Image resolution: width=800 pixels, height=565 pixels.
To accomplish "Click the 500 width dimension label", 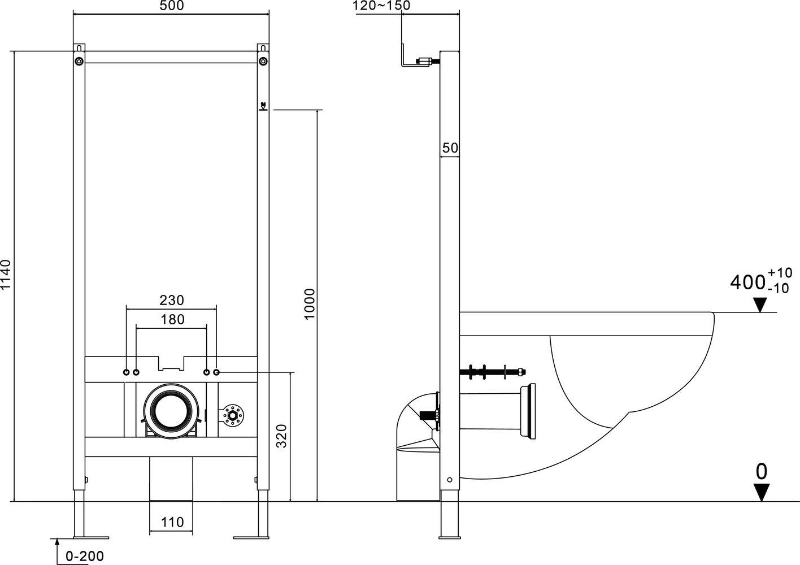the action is [x=171, y=5].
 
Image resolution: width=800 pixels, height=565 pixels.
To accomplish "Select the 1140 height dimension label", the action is [x=6, y=274].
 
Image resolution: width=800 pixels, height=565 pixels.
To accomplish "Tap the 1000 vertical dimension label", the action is [x=310, y=304].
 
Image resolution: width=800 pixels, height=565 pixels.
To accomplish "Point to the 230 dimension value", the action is [x=171, y=301].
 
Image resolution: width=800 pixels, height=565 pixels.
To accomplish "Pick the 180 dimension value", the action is [x=172, y=320].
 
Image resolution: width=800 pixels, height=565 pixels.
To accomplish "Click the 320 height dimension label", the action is [x=282, y=436].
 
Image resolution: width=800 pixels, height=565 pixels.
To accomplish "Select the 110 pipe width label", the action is [x=172, y=523].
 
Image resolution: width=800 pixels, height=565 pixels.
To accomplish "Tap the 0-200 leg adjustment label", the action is [x=85, y=556].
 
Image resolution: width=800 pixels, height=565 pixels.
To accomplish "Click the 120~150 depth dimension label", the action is [x=381, y=6].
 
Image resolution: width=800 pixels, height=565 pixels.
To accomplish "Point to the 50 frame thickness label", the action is [x=450, y=148].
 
